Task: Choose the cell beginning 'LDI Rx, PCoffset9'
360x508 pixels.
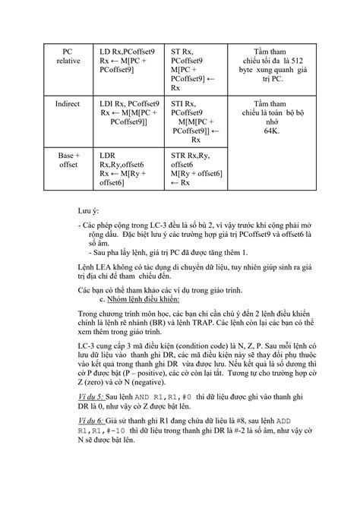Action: pyautogui.click(x=128, y=112)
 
